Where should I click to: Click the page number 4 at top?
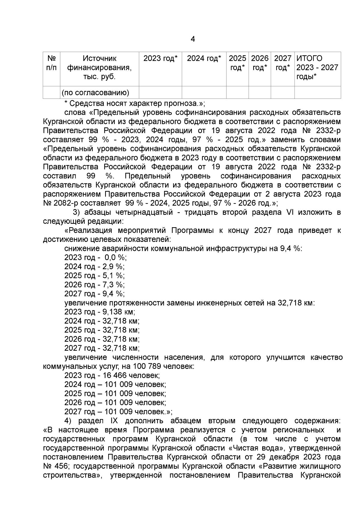(x=193, y=39)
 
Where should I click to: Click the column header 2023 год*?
(x=160, y=58)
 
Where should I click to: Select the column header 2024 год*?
(x=204, y=58)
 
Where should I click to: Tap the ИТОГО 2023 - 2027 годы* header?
(x=317, y=67)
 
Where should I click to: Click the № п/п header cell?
(x=52, y=63)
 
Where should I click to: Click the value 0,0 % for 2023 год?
(x=115, y=257)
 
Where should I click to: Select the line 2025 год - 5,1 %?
(x=94, y=275)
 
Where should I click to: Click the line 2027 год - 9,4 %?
(x=94, y=293)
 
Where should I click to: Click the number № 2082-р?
(x=61, y=203)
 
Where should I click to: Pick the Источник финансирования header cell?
(x=100, y=67)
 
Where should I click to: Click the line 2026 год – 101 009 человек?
(x=115, y=403)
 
